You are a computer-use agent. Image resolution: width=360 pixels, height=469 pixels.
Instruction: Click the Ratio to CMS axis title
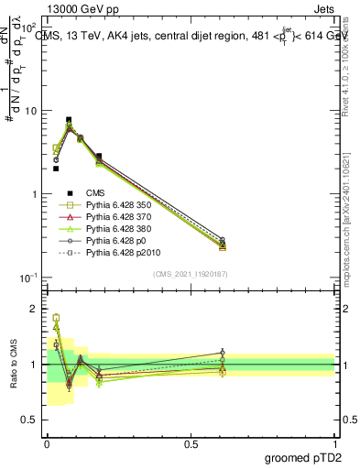(x=14, y=364)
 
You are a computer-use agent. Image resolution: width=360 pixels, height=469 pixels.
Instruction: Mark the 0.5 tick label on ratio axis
(x=30, y=420)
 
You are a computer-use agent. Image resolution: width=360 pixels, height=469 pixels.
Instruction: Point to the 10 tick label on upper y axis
(x=29, y=111)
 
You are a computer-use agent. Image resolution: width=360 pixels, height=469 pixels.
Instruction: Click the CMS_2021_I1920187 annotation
(x=191, y=274)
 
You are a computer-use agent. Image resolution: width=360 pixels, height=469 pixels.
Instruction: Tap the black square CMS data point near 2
(x=56, y=169)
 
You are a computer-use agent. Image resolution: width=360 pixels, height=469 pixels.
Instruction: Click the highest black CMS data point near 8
(x=69, y=119)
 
